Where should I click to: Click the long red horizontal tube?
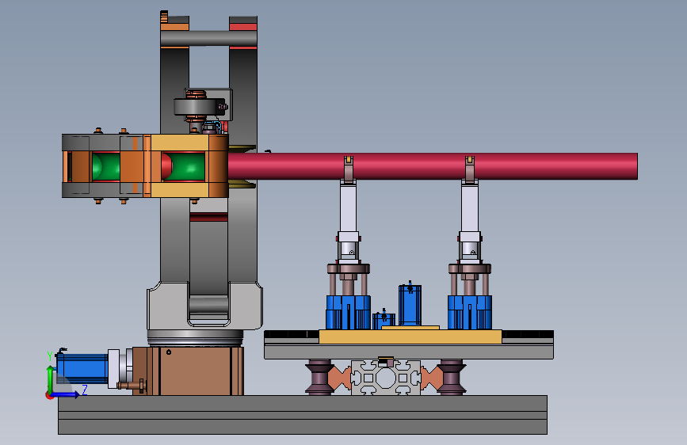(433, 166)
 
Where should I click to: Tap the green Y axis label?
(50, 356)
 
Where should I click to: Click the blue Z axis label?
(85, 390)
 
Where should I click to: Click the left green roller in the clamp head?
(105, 166)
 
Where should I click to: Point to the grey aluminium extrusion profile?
(386, 378)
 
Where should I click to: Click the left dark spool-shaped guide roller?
(319, 377)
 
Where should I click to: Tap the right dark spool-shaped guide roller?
(452, 377)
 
